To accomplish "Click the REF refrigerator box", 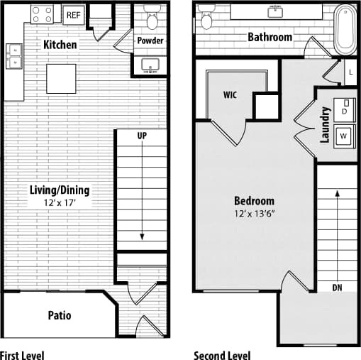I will pyautogui.click(x=72, y=14).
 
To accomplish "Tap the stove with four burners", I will pyautogui.click(x=42, y=13).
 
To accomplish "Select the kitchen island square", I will pyautogui.click(x=61, y=77).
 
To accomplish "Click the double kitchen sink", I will pyautogui.click(x=13, y=56).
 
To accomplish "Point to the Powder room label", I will pyautogui.click(x=150, y=40).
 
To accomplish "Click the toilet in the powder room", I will pyautogui.click(x=150, y=15).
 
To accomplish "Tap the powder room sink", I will pyautogui.click(x=151, y=65).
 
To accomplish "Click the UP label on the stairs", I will pyautogui.click(x=142, y=135).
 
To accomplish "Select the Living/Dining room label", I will pyautogui.click(x=60, y=190).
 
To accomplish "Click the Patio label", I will pyautogui.click(x=60, y=315).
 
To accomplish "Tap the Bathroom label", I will pyautogui.click(x=270, y=37).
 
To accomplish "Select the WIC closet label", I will pyautogui.click(x=230, y=94).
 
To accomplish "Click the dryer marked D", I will pyautogui.click(x=345, y=111).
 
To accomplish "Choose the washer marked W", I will pyautogui.click(x=345, y=135).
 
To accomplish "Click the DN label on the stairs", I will pyautogui.click(x=338, y=287).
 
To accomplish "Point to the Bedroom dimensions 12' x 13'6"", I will pyautogui.click(x=254, y=213).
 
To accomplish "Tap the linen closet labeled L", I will pyautogui.click(x=350, y=71).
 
